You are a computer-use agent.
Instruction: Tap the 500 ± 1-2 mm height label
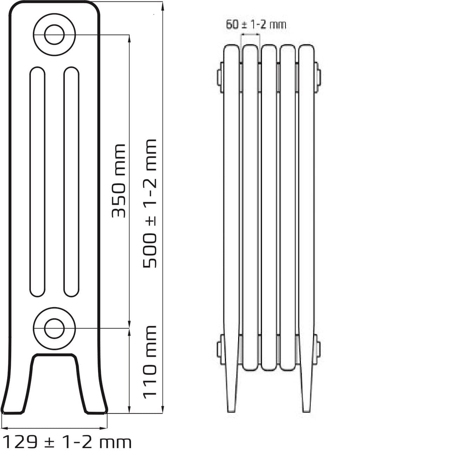tap(150, 204)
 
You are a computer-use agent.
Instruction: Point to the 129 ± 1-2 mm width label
tap(68, 442)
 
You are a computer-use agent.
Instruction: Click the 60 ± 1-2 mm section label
tap(256, 24)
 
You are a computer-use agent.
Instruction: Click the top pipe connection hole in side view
tap(54, 35)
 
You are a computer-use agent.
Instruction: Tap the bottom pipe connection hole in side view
tap(54, 329)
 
